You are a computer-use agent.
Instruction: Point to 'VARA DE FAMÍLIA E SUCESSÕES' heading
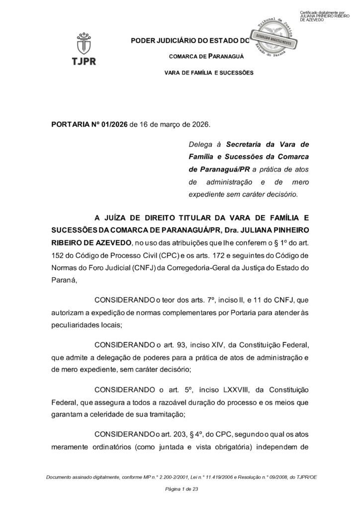(208, 73)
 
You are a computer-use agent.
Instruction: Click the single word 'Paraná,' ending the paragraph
(65, 280)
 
